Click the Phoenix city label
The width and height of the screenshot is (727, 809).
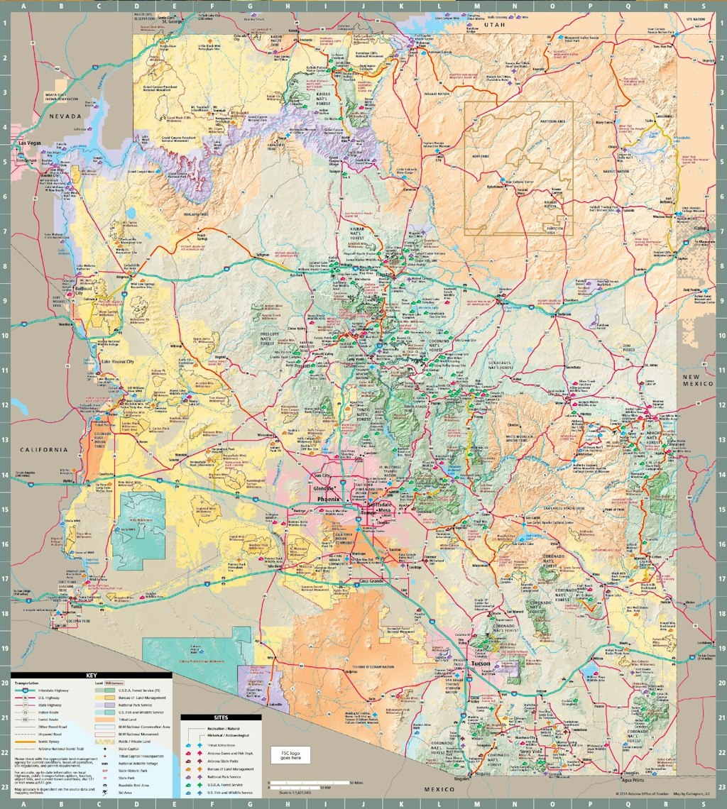pos(329,499)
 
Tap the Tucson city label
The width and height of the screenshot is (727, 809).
pos(481,664)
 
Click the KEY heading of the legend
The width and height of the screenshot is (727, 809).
pos(91,676)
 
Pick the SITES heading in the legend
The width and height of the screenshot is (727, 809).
pos(220,718)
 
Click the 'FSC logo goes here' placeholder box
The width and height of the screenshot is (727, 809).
pos(291,756)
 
